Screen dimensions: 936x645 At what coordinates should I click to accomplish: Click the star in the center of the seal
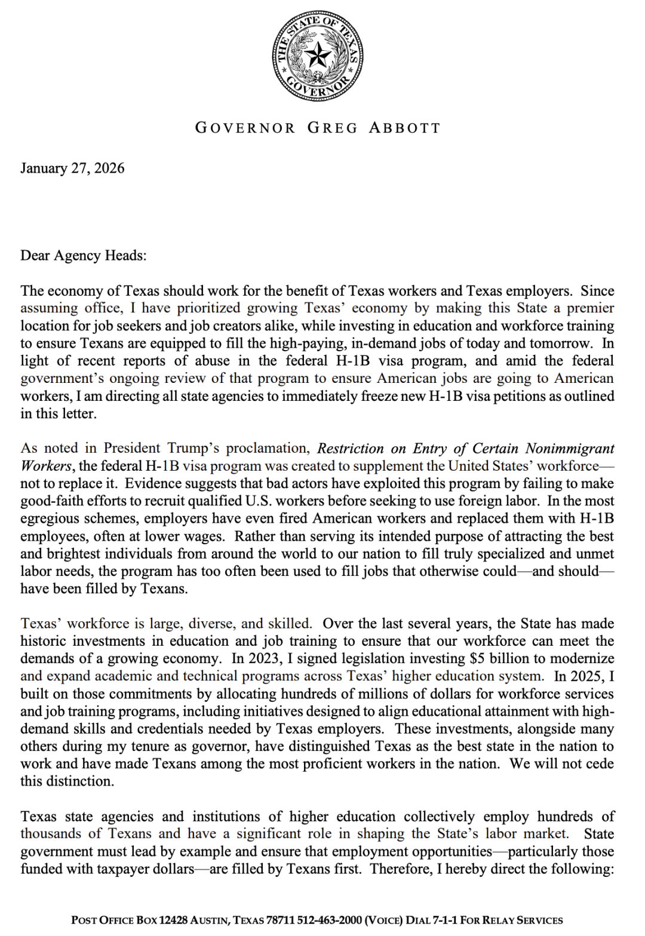click(318, 56)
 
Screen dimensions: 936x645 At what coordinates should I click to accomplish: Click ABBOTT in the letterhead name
click(404, 128)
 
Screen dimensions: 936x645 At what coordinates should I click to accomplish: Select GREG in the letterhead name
click(333, 128)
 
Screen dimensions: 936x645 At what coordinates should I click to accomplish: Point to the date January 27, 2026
click(72, 168)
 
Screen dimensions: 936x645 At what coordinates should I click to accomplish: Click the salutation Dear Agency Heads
click(83, 256)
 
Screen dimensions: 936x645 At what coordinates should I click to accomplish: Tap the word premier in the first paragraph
click(590, 308)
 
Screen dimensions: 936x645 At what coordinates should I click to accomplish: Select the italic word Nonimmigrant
click(570, 448)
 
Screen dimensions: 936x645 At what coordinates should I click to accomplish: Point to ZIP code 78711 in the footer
click(284, 920)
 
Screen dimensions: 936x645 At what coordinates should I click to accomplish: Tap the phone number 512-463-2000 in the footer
click(334, 920)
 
